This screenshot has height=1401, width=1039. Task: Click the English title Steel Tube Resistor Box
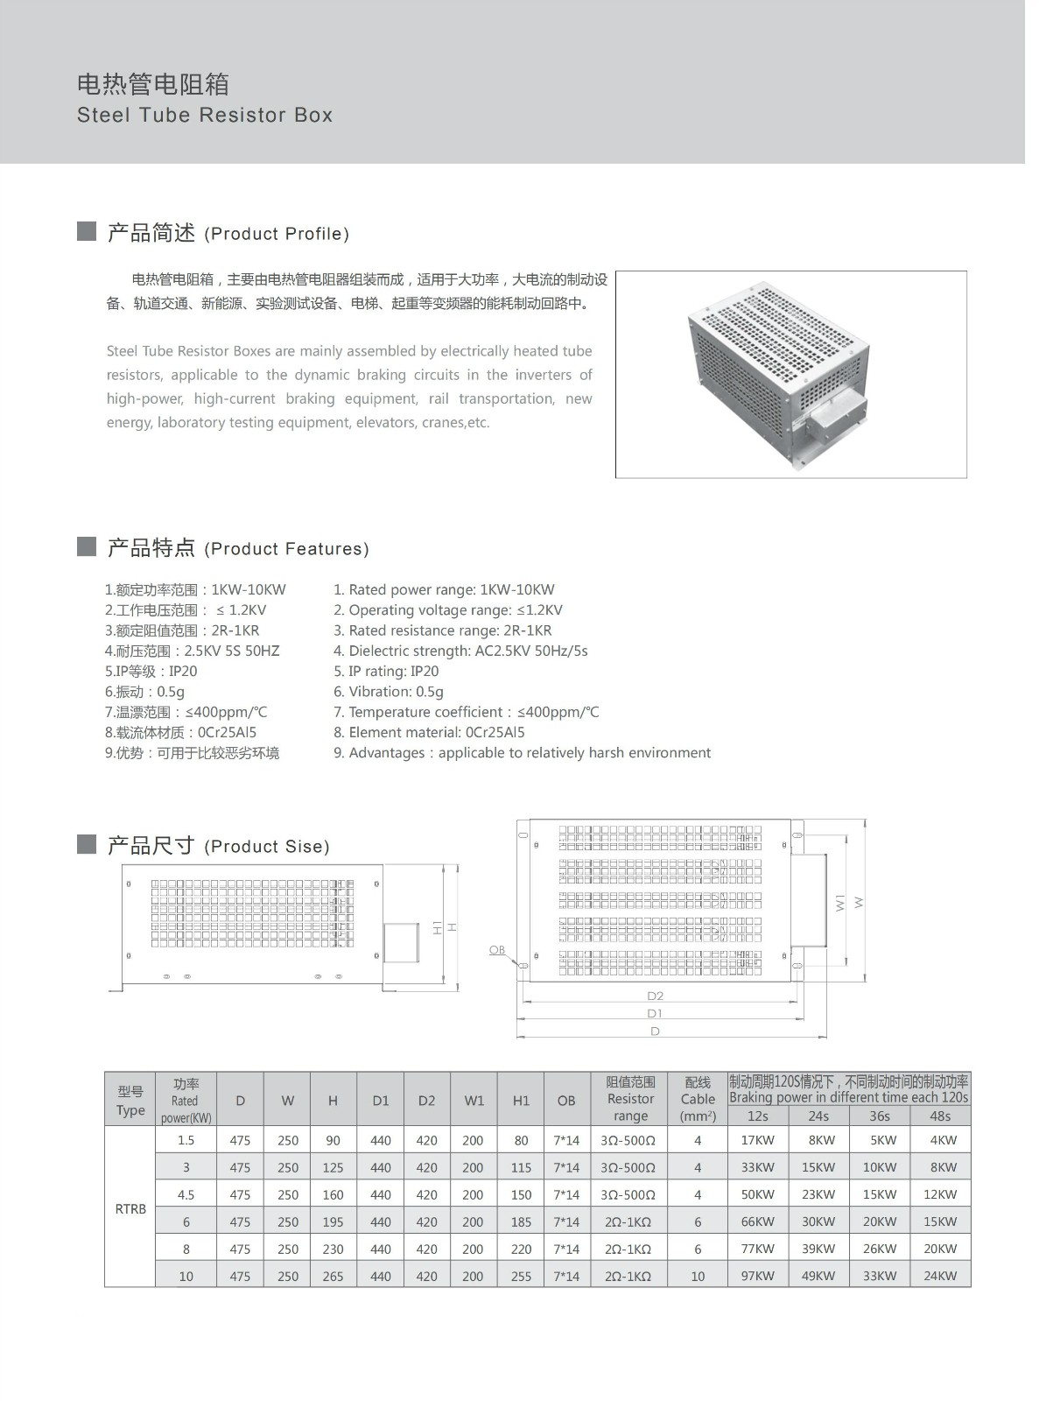pyautogui.click(x=205, y=115)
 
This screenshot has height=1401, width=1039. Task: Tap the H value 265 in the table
pyautogui.click(x=333, y=1276)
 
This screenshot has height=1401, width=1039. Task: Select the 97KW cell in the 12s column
pyautogui.click(x=757, y=1276)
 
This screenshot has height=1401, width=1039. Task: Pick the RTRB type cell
pyautogui.click(x=130, y=1208)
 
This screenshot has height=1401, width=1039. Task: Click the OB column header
pyautogui.click(x=566, y=1101)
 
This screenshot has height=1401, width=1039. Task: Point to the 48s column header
pyautogui.click(x=940, y=1116)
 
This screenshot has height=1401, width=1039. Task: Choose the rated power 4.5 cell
pyautogui.click(x=186, y=1194)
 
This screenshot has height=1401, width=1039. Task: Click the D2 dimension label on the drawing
pyautogui.click(x=655, y=996)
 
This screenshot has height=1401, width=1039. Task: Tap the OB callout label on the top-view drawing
pyautogui.click(x=496, y=950)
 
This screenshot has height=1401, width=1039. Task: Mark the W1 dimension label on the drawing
pyautogui.click(x=840, y=902)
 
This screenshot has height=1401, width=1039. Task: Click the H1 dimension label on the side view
pyautogui.click(x=438, y=927)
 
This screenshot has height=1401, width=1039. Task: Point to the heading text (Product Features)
pyautogui.click(x=286, y=549)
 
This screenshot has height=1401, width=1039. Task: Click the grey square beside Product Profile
pyautogui.click(x=87, y=231)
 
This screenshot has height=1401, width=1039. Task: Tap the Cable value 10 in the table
pyautogui.click(x=698, y=1276)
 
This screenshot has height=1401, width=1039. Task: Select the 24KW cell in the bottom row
pyautogui.click(x=940, y=1276)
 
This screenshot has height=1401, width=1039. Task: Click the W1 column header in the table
pyautogui.click(x=474, y=1101)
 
